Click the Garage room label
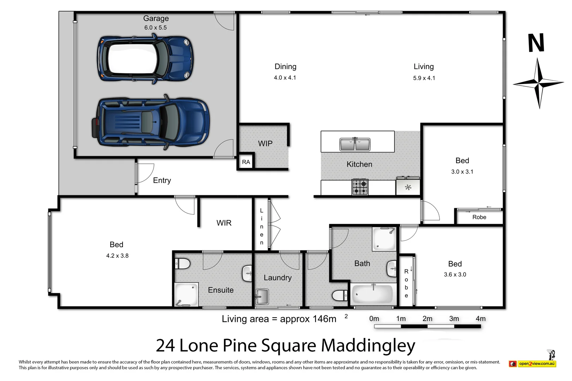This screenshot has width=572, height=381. (x=156, y=18)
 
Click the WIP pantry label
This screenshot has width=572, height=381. (x=265, y=144)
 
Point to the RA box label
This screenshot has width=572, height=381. (x=246, y=162)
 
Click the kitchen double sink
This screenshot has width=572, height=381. (x=355, y=144)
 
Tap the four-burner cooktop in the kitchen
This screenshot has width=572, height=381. (x=360, y=187)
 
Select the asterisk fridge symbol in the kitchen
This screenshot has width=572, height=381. (x=408, y=188)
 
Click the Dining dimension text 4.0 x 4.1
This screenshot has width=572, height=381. (x=285, y=78)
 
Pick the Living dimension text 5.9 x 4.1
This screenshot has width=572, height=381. (x=424, y=78)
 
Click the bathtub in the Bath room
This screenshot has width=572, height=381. (x=373, y=294)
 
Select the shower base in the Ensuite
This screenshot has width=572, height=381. (x=186, y=294)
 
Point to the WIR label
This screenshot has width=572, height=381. (x=224, y=223)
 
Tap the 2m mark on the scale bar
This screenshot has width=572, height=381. (x=427, y=319)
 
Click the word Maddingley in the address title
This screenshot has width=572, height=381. (x=368, y=346)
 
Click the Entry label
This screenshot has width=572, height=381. (x=162, y=181)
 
